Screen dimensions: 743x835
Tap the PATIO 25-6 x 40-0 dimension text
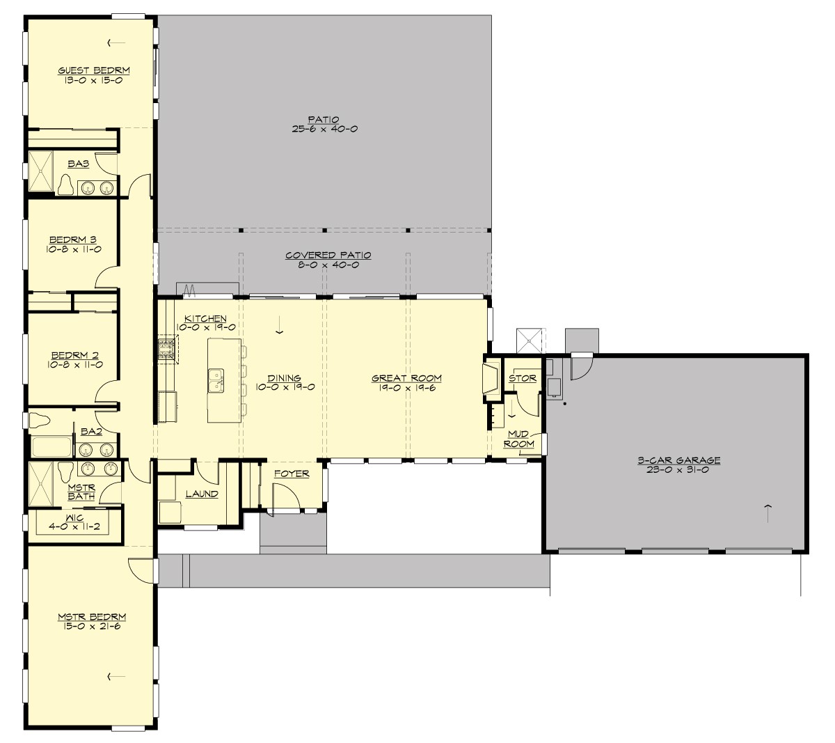tap(325, 130)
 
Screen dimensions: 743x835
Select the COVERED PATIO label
tap(328, 256)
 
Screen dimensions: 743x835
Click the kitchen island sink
tap(216, 380)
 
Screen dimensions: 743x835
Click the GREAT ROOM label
tap(406, 379)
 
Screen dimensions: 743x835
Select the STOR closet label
tap(523, 379)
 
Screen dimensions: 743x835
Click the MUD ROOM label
tap(519, 439)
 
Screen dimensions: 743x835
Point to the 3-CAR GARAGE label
tap(678, 460)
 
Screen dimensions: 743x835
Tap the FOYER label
tap(291, 474)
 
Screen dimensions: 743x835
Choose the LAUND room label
tap(202, 494)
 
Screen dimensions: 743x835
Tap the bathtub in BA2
tap(51, 446)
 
